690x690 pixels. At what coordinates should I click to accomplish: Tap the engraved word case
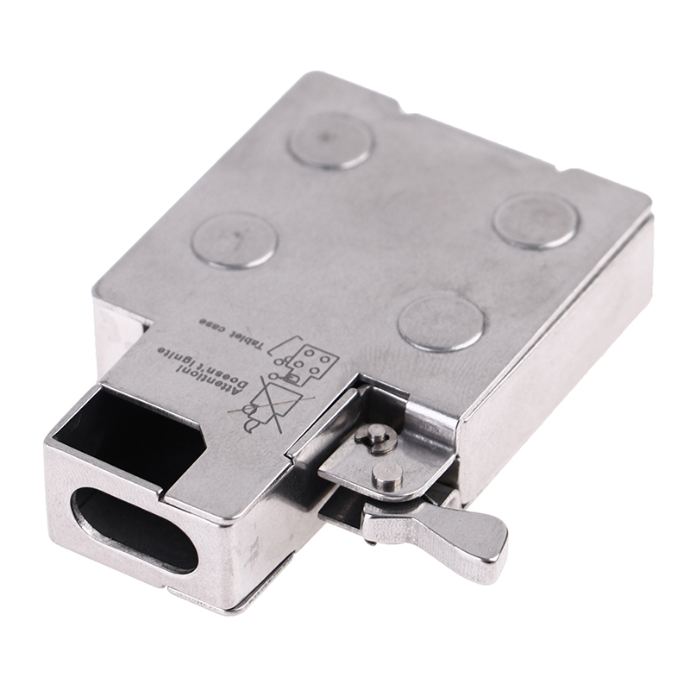coord(213,323)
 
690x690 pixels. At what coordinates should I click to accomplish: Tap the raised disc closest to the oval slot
coord(235,241)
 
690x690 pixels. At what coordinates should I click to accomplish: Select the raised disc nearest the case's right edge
coord(536,221)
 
